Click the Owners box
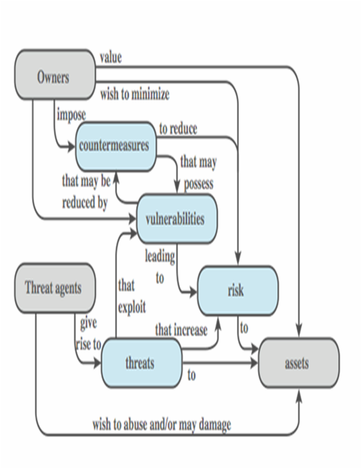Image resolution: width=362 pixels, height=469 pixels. pyautogui.click(x=54, y=77)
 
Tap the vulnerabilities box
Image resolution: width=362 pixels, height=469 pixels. pyautogui.click(x=176, y=219)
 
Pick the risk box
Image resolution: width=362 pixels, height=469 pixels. pyautogui.click(x=236, y=290)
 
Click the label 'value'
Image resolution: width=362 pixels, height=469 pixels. pyautogui.click(x=111, y=58)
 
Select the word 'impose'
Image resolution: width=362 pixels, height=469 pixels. pyautogui.click(x=71, y=114)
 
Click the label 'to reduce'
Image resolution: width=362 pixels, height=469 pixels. pyautogui.click(x=178, y=128)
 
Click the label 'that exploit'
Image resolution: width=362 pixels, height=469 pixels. pyautogui.click(x=131, y=296)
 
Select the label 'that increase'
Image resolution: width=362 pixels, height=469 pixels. pyautogui.click(x=181, y=330)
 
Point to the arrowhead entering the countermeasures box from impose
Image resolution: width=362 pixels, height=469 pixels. pyautogui.click(x=73, y=146)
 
